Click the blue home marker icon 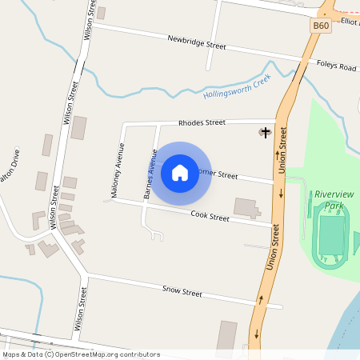tap(180, 173)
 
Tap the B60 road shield tap(321, 26)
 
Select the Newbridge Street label tap(197, 42)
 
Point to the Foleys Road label tap(336, 66)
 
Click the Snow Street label tap(182, 292)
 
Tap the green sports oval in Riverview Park tap(330, 233)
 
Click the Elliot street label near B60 tap(350, 21)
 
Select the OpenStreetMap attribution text tap(80, 354)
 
